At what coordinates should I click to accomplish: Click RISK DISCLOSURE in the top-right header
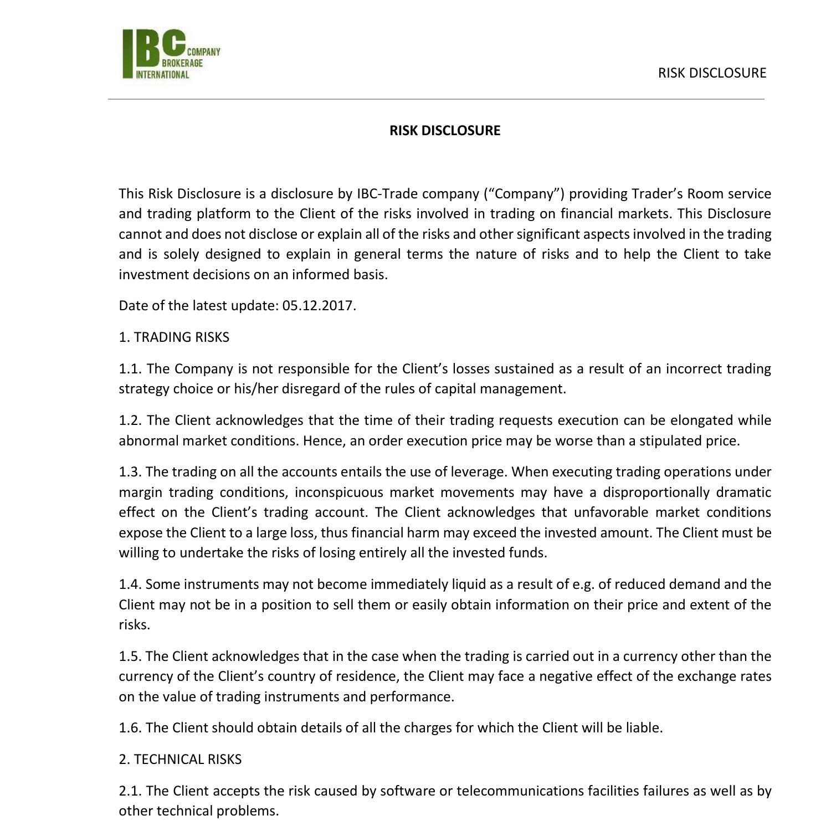(711, 73)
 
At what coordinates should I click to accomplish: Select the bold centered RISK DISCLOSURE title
(444, 131)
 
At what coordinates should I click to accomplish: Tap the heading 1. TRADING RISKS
(174, 337)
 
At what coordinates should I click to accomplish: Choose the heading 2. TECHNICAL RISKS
(180, 759)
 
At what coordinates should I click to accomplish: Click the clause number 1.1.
(130, 369)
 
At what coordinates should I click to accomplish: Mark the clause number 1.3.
(130, 472)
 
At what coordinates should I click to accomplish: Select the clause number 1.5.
(130, 656)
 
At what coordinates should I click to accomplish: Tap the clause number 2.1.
(130, 791)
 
